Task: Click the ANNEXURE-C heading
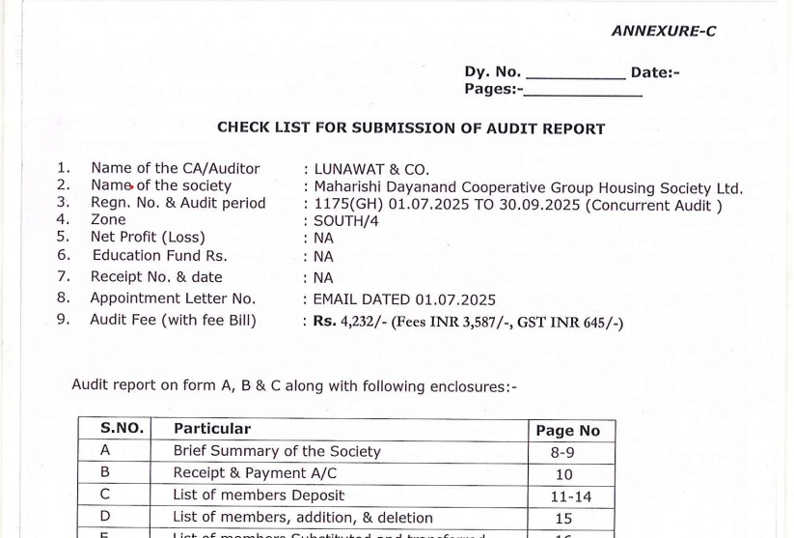(663, 31)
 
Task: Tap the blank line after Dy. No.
(575, 73)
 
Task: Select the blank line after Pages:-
(582, 91)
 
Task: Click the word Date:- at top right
(655, 71)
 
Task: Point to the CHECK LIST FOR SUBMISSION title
(411, 127)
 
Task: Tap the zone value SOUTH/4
(345, 220)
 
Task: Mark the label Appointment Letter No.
(173, 298)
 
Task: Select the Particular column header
(212, 429)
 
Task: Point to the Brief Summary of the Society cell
(277, 451)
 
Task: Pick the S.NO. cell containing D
(105, 518)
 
